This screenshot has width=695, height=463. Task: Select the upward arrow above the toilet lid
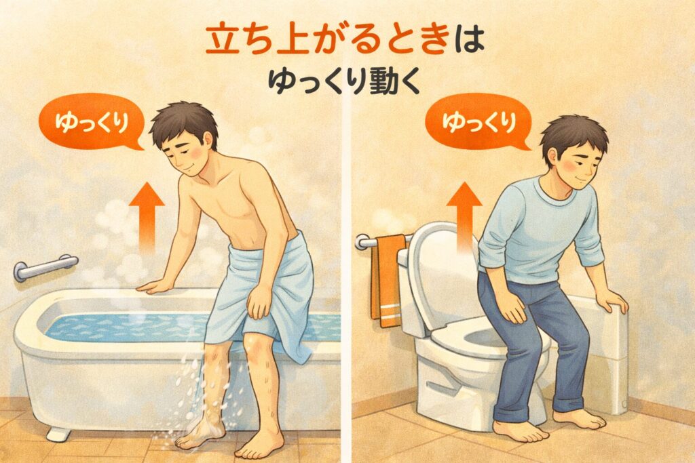point(464,215)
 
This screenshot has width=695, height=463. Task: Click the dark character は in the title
point(470,39)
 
